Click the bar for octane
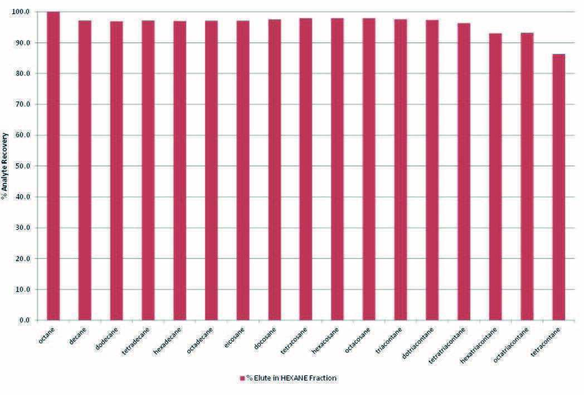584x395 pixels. coord(53,167)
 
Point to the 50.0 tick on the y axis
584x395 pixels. coord(25,166)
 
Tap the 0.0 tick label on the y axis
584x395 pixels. coord(26,321)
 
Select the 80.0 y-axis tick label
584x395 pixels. coord(25,74)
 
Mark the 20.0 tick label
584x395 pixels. coord(25,259)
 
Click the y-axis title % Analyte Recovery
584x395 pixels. coord(5,166)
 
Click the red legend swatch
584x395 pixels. coord(242,378)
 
